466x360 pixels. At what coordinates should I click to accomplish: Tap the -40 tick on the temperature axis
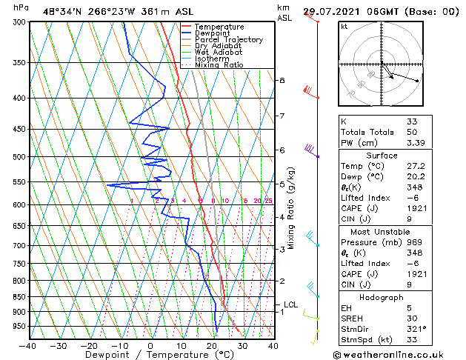(x=28, y=346)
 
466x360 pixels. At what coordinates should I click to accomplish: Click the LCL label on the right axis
(x=290, y=304)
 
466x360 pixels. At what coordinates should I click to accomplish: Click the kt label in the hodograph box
(x=344, y=27)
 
